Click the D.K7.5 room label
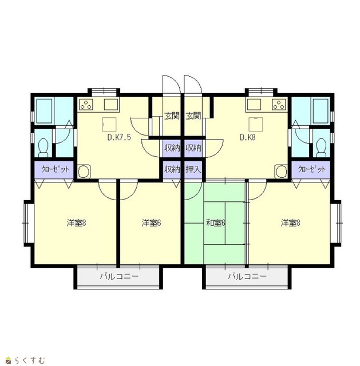(x=119, y=137)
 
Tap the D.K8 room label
(x=248, y=137)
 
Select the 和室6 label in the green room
(x=215, y=223)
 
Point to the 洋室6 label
(x=151, y=223)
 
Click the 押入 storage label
(x=193, y=169)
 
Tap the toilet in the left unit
(x=43, y=148)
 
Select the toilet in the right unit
(x=321, y=148)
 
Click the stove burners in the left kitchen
(x=86, y=104)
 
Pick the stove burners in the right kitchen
(x=279, y=104)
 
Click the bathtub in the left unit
(x=44, y=111)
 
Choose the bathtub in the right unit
(x=321, y=111)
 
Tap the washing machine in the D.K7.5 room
(x=84, y=172)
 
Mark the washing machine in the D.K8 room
(x=281, y=172)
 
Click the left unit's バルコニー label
(x=119, y=277)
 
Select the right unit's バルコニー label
(x=247, y=277)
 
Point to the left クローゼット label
(x=55, y=169)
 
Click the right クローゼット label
(x=312, y=169)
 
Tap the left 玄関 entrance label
(x=172, y=116)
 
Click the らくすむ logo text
(x=29, y=360)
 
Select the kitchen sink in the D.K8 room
(x=254, y=104)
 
